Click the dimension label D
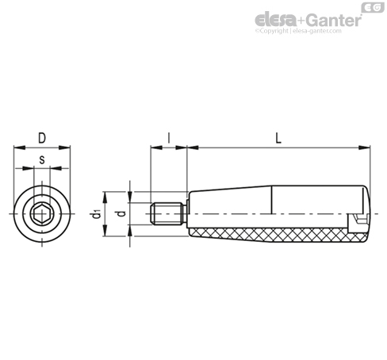42,138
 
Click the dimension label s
42,159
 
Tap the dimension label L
278,138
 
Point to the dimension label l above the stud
169,138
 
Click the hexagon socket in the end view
42,214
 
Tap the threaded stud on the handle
167,213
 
